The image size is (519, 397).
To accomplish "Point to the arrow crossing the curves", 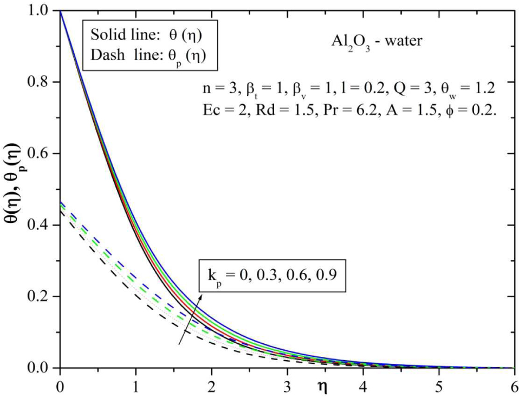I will click(x=191, y=320).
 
